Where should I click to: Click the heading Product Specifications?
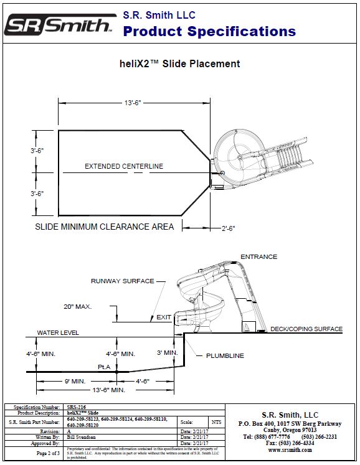click(209, 31)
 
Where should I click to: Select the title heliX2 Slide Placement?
click(179, 63)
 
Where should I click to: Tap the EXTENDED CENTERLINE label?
click(124, 166)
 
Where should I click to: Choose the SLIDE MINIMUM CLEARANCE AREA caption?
click(104, 227)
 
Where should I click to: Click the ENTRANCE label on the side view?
click(258, 256)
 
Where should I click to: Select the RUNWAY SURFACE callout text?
click(123, 281)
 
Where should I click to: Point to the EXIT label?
click(164, 317)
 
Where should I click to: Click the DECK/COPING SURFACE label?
click(306, 329)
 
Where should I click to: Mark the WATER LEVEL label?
click(58, 333)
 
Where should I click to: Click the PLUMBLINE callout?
click(225, 356)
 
